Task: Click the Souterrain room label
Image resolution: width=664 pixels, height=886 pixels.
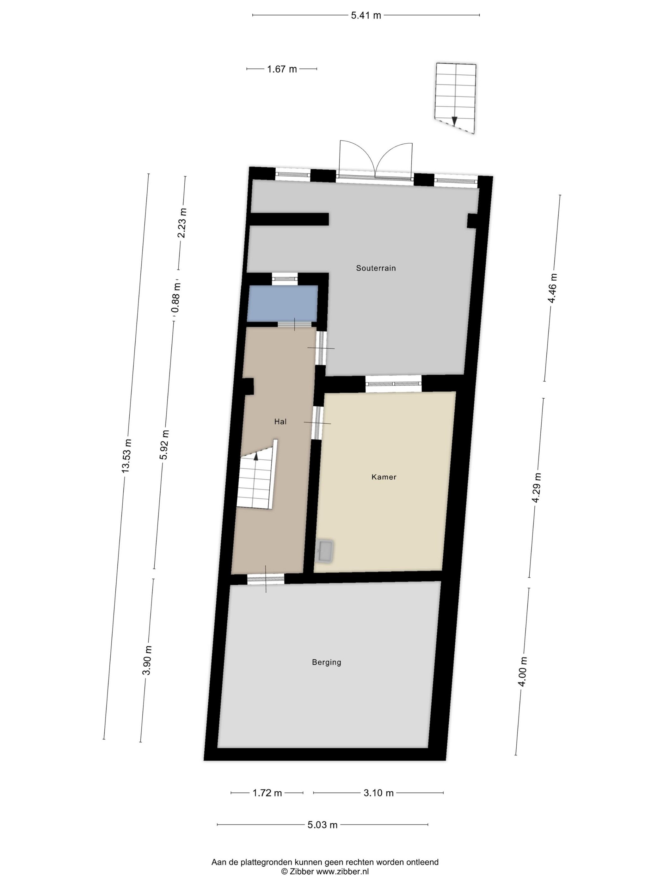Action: (376, 268)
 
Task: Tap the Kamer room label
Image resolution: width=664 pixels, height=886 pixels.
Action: (384, 477)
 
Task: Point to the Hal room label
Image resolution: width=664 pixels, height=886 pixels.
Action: (280, 421)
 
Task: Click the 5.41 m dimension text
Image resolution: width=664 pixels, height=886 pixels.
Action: (366, 16)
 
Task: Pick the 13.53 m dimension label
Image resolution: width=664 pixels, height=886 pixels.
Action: (126, 456)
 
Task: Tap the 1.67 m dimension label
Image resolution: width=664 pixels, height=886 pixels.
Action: (282, 69)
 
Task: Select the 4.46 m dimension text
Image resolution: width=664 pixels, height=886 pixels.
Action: (553, 288)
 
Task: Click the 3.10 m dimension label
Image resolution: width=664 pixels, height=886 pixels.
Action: (378, 793)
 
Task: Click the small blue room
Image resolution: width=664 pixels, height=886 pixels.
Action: (282, 303)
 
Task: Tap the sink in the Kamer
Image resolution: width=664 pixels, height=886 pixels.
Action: (325, 552)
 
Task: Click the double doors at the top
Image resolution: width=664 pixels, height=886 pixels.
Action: (375, 160)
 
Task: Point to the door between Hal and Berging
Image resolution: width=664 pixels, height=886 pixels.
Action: (265, 579)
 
